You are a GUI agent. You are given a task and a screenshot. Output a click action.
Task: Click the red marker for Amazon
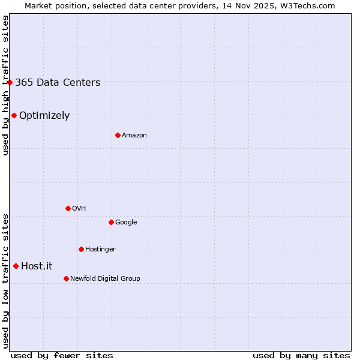coord(118,135)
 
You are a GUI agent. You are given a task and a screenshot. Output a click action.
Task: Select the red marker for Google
coord(111,222)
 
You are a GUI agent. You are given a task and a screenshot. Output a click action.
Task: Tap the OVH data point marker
coord(68,208)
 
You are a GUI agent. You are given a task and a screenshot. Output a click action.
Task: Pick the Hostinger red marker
coord(81,249)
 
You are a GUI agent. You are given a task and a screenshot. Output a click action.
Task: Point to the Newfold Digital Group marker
coord(66,278)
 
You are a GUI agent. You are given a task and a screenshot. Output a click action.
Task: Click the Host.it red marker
coord(16,266)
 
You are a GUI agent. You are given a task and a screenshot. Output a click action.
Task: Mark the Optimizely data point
coord(14,115)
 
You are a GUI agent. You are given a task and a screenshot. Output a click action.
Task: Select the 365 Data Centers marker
coord(10,82)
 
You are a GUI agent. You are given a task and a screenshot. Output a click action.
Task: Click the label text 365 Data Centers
coord(58,83)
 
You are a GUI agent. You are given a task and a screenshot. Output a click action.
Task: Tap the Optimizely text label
coord(44,116)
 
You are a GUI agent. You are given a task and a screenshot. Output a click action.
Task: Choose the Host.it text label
coord(37,266)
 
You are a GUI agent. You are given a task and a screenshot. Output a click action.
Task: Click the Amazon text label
coord(134,136)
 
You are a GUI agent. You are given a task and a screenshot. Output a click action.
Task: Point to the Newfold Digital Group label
coord(105,278)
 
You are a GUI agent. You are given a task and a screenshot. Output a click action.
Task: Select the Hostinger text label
coord(100,249)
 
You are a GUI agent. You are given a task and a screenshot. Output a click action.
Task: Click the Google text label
coord(126,222)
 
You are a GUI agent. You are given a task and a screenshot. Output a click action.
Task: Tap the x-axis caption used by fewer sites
coord(62,355)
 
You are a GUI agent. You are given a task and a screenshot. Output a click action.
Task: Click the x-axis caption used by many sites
coord(301,355)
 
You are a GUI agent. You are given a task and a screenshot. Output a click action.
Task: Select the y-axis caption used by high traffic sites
coord(5,85)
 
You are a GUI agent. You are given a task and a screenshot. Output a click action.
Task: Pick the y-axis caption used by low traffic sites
coord(5,281)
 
